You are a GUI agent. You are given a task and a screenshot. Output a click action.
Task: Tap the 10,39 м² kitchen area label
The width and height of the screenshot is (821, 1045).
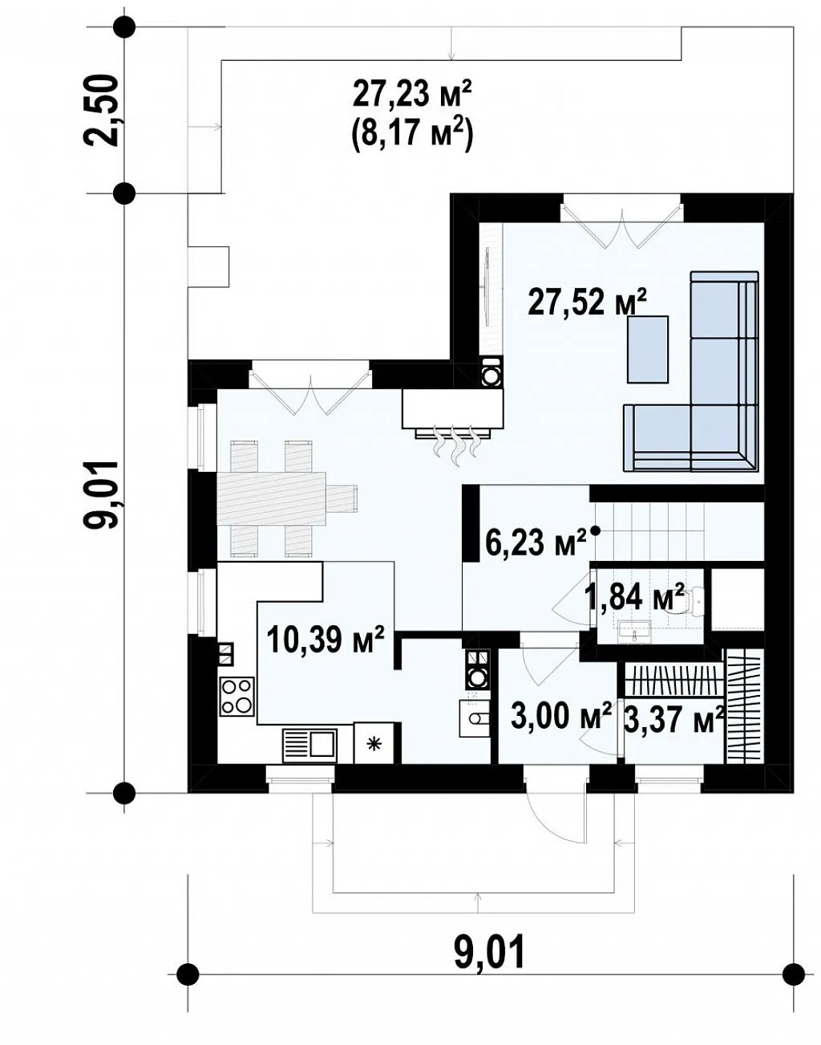(325, 640)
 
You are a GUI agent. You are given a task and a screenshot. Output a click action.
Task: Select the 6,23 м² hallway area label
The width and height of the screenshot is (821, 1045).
(536, 542)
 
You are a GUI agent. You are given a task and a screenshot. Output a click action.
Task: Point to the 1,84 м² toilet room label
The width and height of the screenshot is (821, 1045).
(635, 597)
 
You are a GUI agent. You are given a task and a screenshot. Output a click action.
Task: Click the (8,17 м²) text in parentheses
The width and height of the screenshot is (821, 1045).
(411, 136)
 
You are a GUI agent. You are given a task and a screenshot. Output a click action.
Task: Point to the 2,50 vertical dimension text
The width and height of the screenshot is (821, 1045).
(101, 110)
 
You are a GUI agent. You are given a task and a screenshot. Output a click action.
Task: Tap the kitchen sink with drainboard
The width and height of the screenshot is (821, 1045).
(309, 743)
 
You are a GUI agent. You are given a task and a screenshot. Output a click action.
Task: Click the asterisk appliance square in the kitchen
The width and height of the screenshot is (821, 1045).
(374, 743)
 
